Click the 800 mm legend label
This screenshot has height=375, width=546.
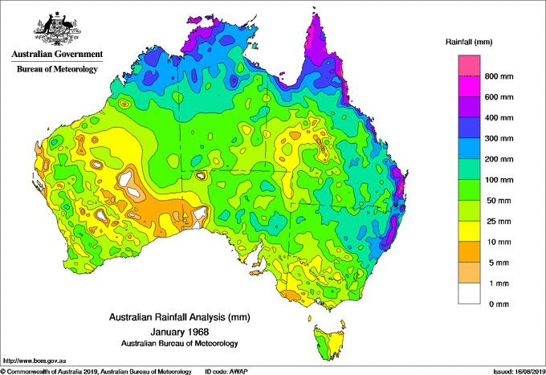click(498, 76)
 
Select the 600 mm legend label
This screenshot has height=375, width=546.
click(498, 97)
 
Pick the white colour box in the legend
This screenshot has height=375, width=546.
click(469, 294)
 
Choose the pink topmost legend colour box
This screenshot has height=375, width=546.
click(469, 66)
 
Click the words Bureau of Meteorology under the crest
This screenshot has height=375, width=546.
click(57, 69)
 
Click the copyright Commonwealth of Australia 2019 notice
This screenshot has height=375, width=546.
click(96, 371)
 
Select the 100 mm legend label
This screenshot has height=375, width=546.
click(498, 180)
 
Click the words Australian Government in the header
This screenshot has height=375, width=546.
click(57, 55)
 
